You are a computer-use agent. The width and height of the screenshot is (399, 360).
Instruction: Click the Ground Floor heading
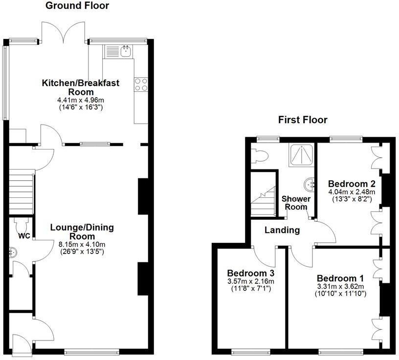[77, 6]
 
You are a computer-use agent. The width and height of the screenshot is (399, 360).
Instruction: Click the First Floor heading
[303, 120]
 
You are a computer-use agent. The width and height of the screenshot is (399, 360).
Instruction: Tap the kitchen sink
[127, 50]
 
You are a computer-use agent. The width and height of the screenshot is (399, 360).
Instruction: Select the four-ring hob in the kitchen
[141, 85]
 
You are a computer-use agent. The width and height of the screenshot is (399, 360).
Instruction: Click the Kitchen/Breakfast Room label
[80, 87]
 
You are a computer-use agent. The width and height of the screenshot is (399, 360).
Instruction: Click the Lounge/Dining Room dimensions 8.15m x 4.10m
[82, 244]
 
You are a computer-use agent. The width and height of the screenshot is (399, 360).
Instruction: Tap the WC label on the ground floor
[24, 236]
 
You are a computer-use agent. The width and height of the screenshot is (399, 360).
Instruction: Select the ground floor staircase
[21, 191]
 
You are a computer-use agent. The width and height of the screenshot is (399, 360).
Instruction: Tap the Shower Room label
[296, 203]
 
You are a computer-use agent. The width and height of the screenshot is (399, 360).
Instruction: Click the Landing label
[282, 230]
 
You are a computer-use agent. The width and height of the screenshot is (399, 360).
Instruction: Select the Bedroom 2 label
[352, 184]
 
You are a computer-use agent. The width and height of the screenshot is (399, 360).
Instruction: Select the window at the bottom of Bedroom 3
[249, 351]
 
